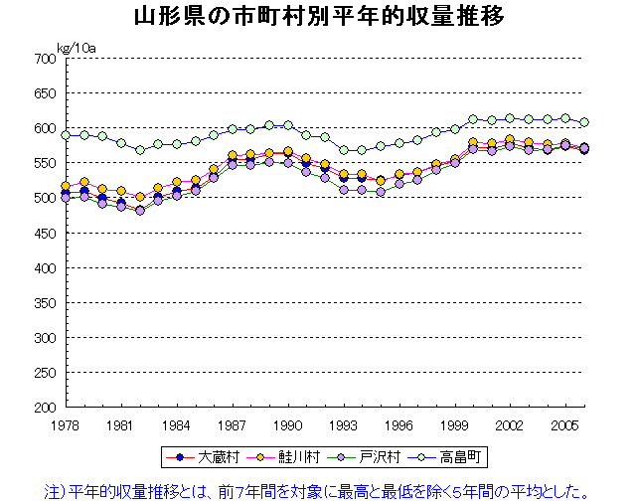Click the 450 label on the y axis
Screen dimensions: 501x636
[x=44, y=234]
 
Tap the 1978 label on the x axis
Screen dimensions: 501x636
[x=66, y=424]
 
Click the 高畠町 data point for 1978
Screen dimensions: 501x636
[x=66, y=135]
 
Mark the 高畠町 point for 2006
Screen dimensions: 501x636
[x=584, y=122]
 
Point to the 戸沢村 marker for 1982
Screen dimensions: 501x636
[x=140, y=211]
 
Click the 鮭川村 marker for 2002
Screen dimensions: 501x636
[x=510, y=140]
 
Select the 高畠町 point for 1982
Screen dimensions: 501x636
[x=140, y=150]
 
